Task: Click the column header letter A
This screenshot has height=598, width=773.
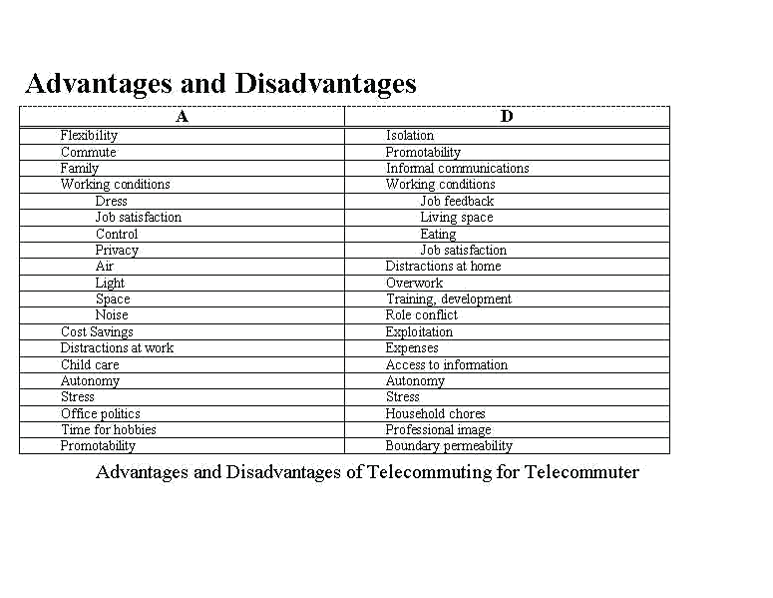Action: [x=182, y=117]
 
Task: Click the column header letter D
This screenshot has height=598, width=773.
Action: [x=507, y=117]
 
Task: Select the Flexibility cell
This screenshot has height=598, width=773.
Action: [x=89, y=136]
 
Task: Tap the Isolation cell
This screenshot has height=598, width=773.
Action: [x=410, y=136]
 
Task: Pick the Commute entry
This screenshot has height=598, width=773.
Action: [x=88, y=153]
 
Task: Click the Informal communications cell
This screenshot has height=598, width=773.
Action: [x=457, y=169]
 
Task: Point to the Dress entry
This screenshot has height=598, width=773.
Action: [x=112, y=202]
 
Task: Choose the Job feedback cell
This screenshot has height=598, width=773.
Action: [x=457, y=202]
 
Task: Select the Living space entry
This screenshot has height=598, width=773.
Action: [x=456, y=218]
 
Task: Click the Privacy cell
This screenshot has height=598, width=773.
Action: [x=117, y=251]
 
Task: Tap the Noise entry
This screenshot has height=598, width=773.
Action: [x=112, y=315]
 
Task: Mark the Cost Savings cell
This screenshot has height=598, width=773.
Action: [x=97, y=332]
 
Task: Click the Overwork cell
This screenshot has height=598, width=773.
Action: [x=414, y=284]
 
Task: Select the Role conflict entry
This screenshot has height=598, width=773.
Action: [x=422, y=315]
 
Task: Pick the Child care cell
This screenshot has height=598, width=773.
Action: [x=90, y=365]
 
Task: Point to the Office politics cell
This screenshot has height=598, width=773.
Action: [x=100, y=414]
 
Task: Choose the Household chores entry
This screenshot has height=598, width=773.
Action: [x=436, y=414]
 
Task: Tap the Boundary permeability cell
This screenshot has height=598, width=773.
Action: [x=449, y=446]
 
